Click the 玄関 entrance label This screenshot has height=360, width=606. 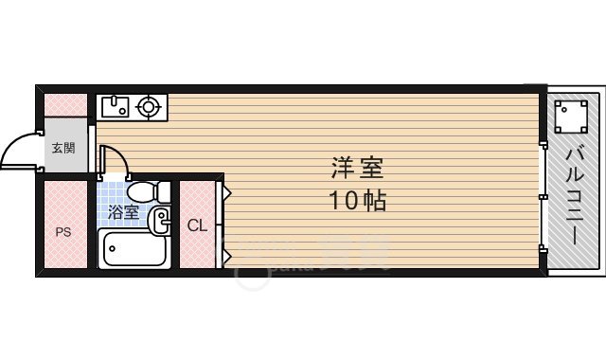pyautogui.click(x=62, y=148)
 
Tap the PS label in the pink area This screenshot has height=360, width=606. pyautogui.click(x=62, y=230)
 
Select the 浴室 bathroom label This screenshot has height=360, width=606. pyautogui.click(x=123, y=212)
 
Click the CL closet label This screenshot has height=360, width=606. pyautogui.click(x=196, y=225)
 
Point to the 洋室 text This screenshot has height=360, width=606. pyautogui.click(x=357, y=169)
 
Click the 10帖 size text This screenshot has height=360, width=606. pyautogui.click(x=357, y=201)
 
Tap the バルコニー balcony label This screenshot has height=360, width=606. pyautogui.click(x=574, y=199)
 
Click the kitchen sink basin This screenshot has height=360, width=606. pyautogui.click(x=115, y=106)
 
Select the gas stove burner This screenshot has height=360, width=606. pyautogui.click(x=148, y=106)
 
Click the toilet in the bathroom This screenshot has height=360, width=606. pyautogui.click(x=150, y=191)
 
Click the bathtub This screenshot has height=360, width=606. pyautogui.click(x=134, y=250)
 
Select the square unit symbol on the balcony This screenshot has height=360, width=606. pyautogui.click(x=571, y=117)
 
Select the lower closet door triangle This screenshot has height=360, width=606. pyautogui.click(x=227, y=254)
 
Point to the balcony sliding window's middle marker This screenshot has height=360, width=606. pyautogui.click(x=544, y=197)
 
